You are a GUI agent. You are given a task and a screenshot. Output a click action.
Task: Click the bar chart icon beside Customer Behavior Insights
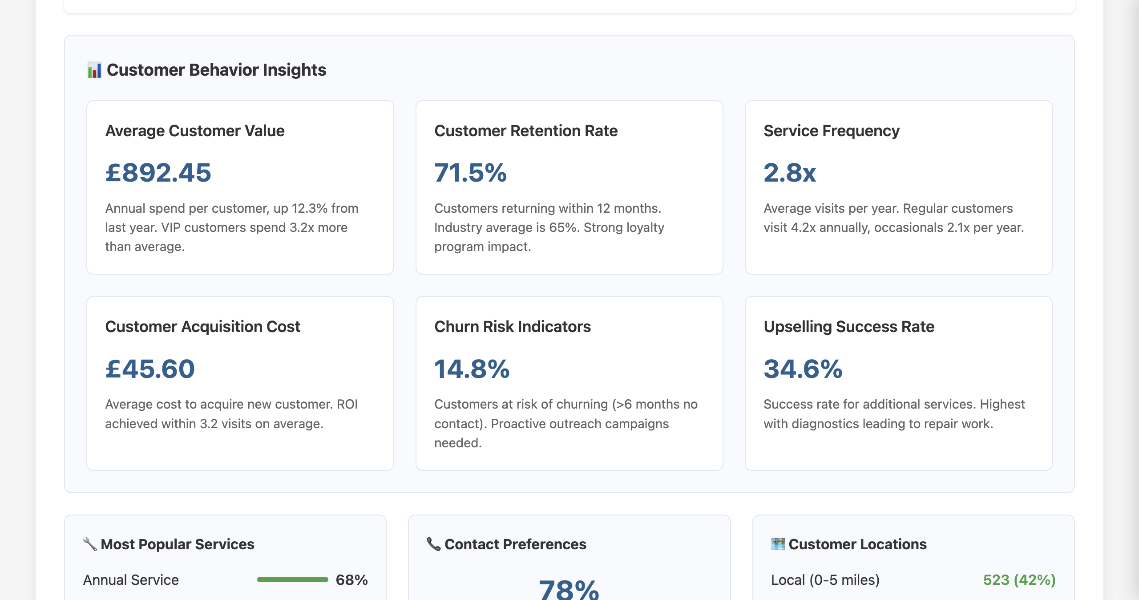pos(94,70)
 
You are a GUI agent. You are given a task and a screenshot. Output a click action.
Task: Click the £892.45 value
pos(158,173)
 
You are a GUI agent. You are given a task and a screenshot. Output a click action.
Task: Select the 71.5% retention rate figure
pos(470,173)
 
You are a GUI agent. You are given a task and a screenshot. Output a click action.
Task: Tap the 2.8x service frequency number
pos(789,173)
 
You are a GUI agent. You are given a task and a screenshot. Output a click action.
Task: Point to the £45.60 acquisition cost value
pos(150,369)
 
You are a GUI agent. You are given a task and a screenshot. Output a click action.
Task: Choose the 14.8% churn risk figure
pos(472,369)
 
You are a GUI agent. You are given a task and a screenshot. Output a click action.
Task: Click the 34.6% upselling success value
pos(803,369)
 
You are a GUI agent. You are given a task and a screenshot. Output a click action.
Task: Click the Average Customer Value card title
pos(194,131)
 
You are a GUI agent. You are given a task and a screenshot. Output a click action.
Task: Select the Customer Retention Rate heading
pos(525,131)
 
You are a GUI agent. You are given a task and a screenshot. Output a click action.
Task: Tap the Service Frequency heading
pos(831,131)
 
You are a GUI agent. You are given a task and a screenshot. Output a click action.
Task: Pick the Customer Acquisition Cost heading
pos(202,327)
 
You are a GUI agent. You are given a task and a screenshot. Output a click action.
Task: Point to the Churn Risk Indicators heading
pos(512,327)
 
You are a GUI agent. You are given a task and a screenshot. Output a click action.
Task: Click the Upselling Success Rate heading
pos(848,327)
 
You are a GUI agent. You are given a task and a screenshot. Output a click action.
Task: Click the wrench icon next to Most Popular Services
pos(90,544)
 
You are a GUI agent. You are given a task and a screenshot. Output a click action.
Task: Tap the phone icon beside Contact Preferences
pos(433,544)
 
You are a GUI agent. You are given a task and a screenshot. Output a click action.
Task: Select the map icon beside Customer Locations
pos(778,544)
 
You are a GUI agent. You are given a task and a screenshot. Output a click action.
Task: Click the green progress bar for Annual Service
pos(292,580)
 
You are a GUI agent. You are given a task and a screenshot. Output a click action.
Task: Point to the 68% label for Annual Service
pos(351,580)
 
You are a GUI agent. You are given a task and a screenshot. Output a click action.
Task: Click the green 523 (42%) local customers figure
pos(1019,580)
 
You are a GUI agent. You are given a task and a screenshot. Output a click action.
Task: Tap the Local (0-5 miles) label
pos(825,580)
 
